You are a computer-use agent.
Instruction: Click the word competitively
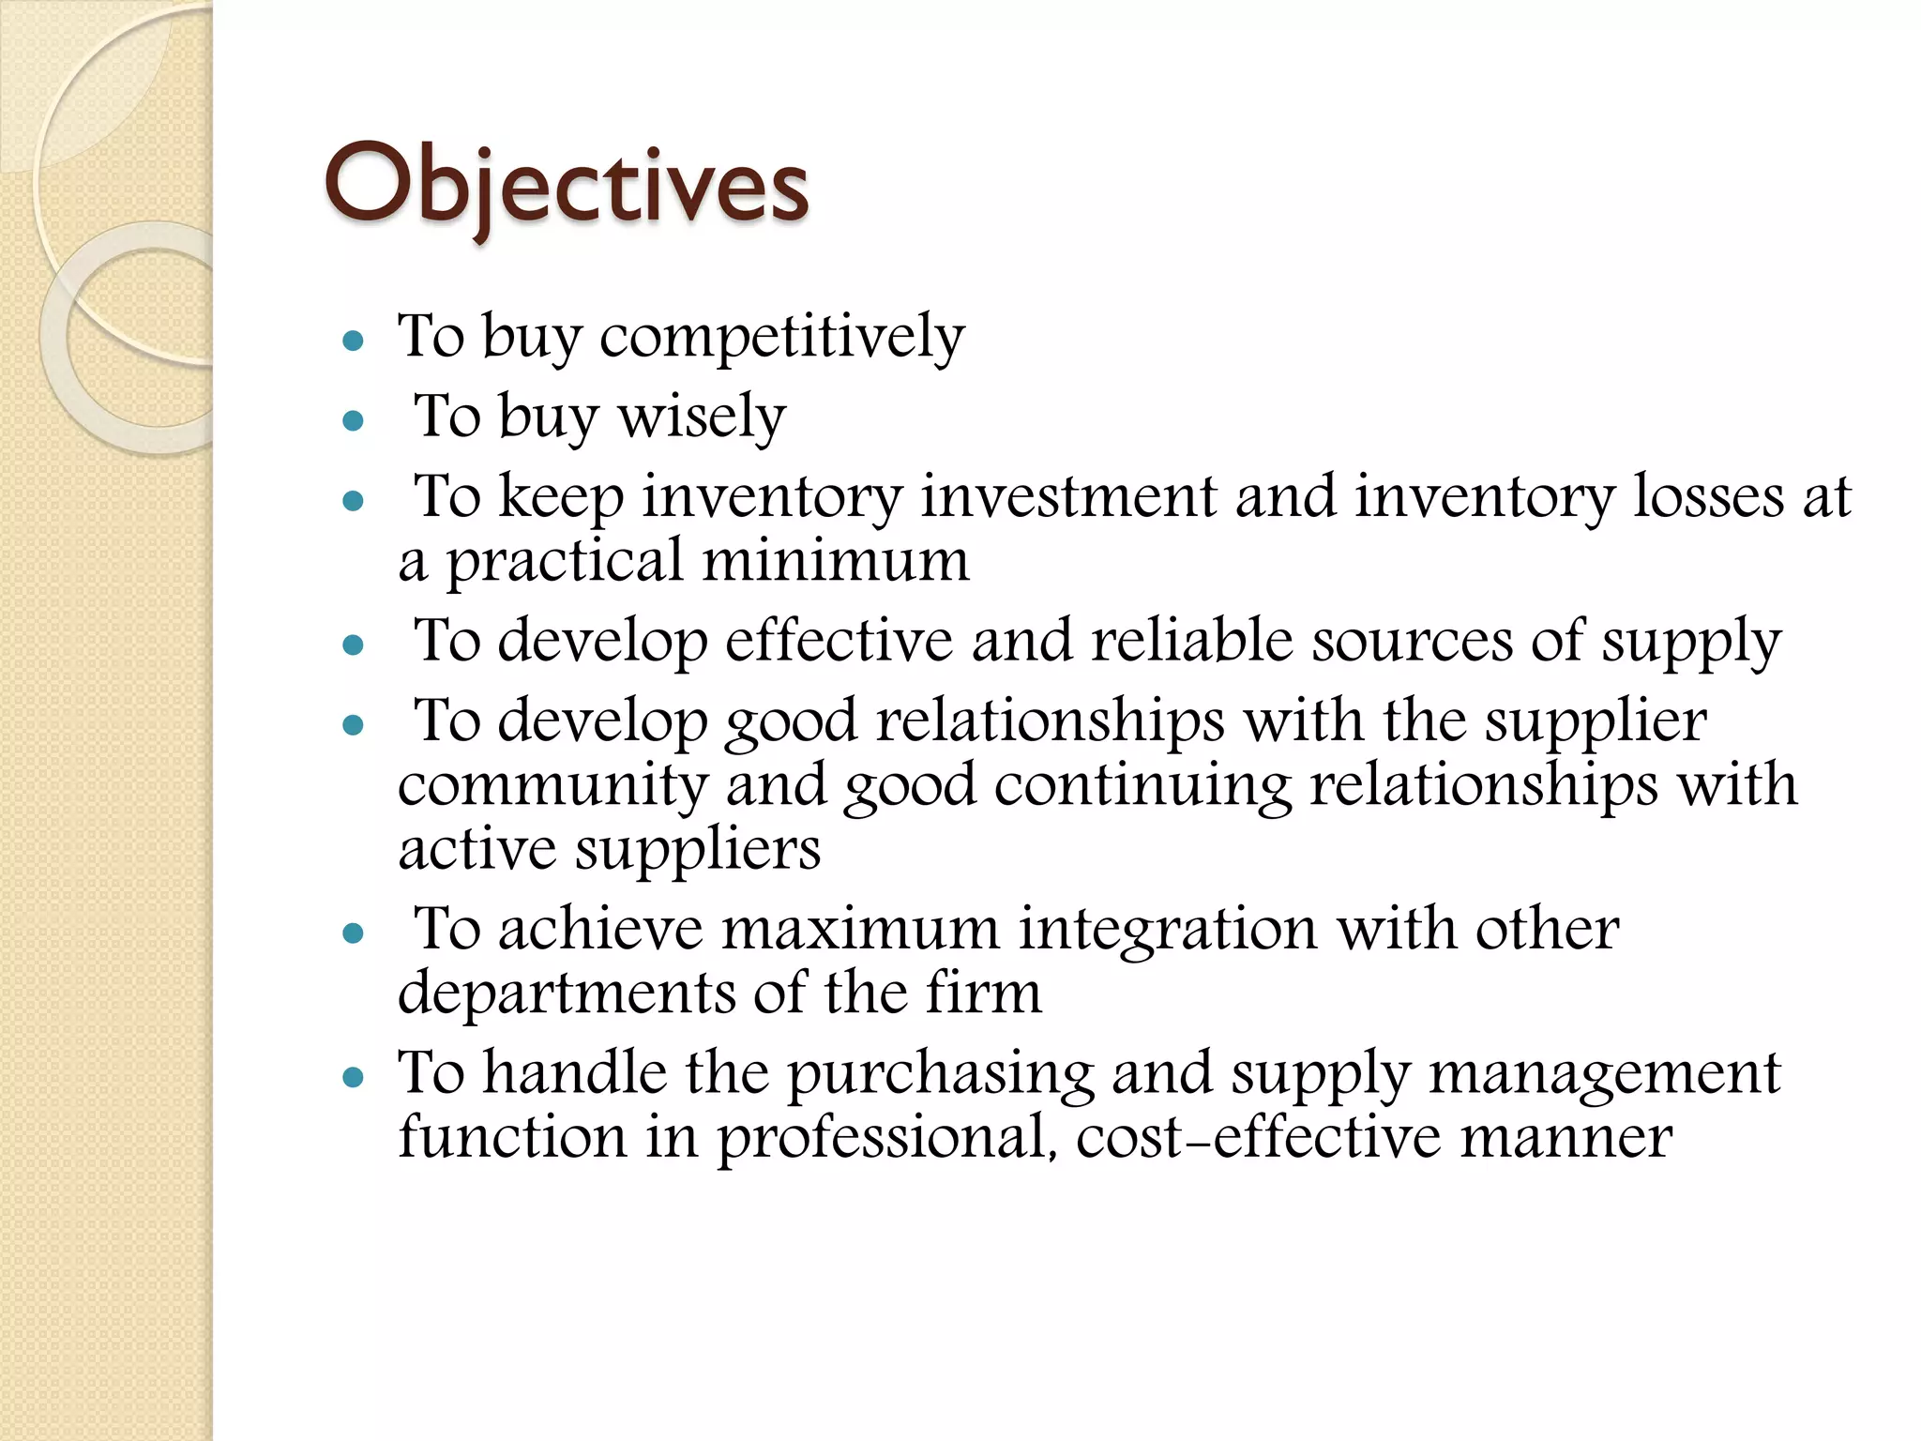781,336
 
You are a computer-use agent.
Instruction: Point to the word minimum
836,560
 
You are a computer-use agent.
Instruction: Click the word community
552,784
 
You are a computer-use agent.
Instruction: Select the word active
477,849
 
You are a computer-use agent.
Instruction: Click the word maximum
860,929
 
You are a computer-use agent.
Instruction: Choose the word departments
567,993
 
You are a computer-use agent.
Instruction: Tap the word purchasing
940,1074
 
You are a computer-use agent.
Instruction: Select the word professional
884,1138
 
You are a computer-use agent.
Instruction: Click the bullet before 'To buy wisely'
354,419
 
